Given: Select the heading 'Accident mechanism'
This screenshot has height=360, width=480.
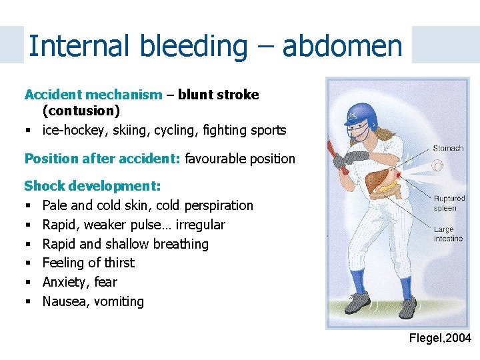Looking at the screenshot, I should coord(93,95).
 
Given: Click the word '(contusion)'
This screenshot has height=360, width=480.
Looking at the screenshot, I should coord(81,111).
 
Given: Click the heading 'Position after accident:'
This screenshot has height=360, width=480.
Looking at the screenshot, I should coord(102,159).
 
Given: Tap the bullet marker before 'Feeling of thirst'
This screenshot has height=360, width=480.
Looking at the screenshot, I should coord(28,263).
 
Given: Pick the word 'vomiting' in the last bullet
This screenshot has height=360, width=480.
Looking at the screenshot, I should coord(118,301).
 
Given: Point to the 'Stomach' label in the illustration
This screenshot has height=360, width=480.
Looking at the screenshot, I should coord(447,148).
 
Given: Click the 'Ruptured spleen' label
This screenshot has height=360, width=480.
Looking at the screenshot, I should coord(449,203).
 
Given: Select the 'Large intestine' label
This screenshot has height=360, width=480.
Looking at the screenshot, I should coord(447,234).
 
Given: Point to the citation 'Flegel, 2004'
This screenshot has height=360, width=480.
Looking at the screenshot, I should coord(440,339).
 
